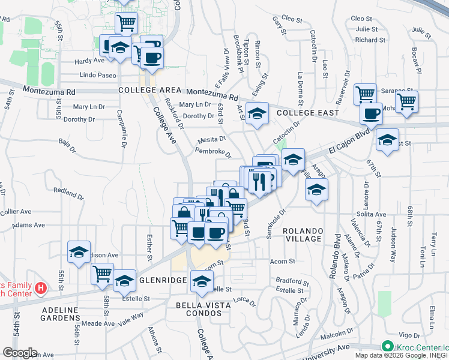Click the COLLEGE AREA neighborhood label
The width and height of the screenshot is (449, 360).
[x=150, y=90]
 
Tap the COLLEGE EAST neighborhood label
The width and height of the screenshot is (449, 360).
[x=307, y=113]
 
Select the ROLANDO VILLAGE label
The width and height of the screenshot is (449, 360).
[x=303, y=235]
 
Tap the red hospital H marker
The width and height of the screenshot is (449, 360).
[x=40, y=289]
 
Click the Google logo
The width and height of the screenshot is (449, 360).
[x=19, y=353]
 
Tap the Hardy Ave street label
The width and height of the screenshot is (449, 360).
[x=89, y=61]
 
